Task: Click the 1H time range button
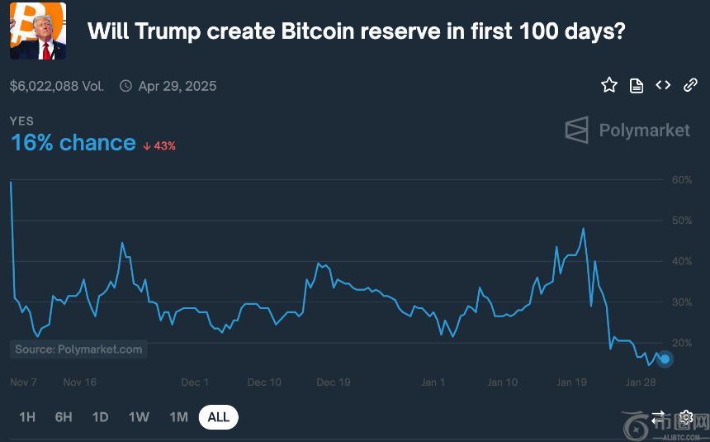(x=27, y=417)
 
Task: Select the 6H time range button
(x=64, y=417)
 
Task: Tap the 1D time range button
(x=100, y=417)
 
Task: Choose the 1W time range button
(x=139, y=417)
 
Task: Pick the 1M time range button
(x=178, y=417)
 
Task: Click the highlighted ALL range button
(x=219, y=417)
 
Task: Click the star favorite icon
(x=609, y=85)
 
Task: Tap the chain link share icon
(x=690, y=85)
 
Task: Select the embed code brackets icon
(x=663, y=85)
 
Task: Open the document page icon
(x=637, y=85)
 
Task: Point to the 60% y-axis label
(x=681, y=180)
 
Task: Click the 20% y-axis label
(x=681, y=343)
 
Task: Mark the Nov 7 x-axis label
(x=23, y=383)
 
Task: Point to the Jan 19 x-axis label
(x=571, y=383)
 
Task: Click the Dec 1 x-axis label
(x=195, y=383)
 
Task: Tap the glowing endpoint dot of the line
(x=665, y=359)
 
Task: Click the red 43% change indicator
(x=159, y=145)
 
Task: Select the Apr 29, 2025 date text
(x=177, y=86)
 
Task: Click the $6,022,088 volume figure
(x=45, y=86)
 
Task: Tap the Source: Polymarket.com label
(x=78, y=349)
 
